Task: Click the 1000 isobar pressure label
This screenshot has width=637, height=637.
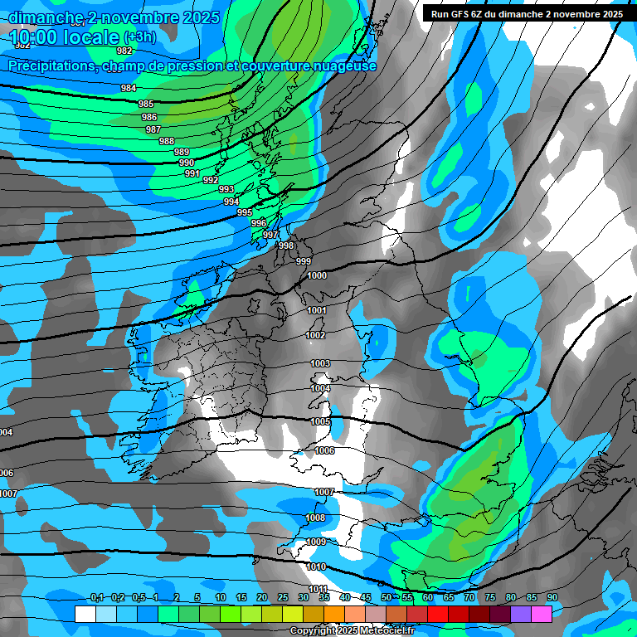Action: pyautogui.click(x=317, y=276)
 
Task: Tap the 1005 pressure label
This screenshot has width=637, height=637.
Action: pyautogui.click(x=321, y=422)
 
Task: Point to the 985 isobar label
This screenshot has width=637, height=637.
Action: pyautogui.click(x=146, y=104)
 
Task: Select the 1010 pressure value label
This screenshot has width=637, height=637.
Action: pyautogui.click(x=316, y=567)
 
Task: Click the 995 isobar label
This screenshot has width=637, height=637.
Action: pyautogui.click(x=245, y=213)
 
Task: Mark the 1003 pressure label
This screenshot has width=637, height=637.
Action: pyautogui.click(x=320, y=364)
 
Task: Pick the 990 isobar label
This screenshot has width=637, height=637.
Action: pyautogui.click(x=187, y=163)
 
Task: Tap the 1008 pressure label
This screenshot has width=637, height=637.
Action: pyautogui.click(x=316, y=518)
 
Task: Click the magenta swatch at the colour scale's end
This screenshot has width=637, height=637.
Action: pyautogui.click(x=542, y=614)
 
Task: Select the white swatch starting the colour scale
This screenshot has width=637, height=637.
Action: pyautogui.click(x=85, y=614)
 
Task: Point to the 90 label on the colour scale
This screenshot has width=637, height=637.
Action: pyautogui.click(x=552, y=597)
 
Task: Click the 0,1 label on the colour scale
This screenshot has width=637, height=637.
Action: pyautogui.click(x=97, y=597)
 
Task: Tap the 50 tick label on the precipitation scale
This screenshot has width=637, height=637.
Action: pyautogui.click(x=387, y=597)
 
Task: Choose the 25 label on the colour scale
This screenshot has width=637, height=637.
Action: pyautogui.click(x=283, y=597)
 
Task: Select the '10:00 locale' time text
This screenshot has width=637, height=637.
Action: pyautogui.click(x=65, y=37)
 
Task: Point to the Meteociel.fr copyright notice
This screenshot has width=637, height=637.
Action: pyautogui.click(x=352, y=630)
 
